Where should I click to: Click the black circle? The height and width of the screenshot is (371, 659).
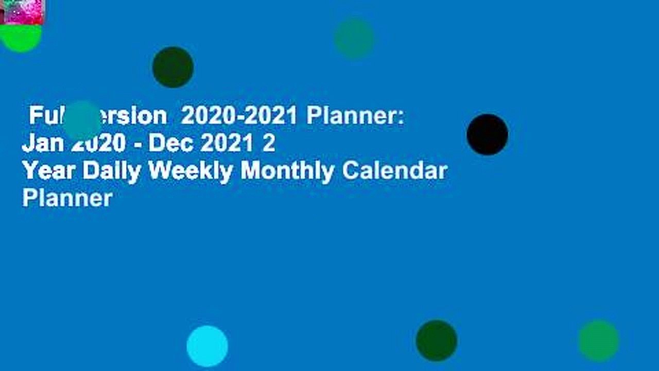487,134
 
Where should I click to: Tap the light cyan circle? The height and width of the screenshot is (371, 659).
207,346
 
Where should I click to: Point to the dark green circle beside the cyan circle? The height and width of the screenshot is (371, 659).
436,341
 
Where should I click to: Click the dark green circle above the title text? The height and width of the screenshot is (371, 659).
173,67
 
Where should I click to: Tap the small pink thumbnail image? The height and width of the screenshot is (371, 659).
22,12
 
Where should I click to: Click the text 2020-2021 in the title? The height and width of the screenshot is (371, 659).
239,117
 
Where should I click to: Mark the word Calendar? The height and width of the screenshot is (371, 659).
395,171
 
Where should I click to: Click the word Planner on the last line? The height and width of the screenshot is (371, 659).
67,197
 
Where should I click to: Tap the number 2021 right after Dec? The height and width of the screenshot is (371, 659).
229,144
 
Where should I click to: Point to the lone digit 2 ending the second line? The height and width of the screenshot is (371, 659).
269,144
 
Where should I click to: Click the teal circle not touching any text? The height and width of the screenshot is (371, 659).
354,38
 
